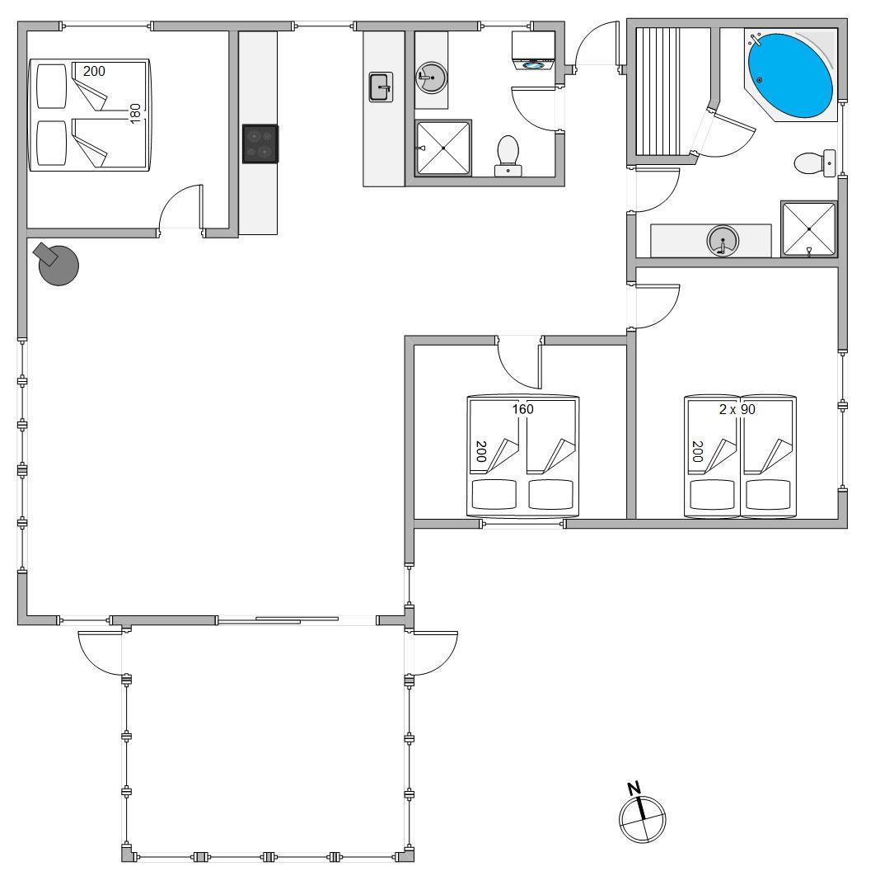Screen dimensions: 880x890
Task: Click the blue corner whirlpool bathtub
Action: point(790,76)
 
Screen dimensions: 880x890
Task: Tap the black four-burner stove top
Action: point(260,144)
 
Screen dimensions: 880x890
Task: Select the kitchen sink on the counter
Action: point(381,87)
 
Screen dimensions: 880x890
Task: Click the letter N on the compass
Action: point(634,788)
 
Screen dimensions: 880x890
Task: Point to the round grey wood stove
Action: point(57,264)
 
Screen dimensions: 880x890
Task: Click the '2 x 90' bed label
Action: point(737,409)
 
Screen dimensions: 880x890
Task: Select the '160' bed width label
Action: point(522,409)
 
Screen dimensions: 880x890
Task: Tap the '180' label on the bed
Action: point(135,114)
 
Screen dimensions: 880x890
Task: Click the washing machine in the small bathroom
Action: point(533,50)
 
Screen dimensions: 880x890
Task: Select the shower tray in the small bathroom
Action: point(443,148)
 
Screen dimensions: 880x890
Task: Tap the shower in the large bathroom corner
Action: point(809,228)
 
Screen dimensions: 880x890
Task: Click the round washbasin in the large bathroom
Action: point(723,240)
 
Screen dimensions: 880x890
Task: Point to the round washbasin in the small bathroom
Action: point(432,78)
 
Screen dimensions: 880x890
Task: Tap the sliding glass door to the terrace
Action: point(278,620)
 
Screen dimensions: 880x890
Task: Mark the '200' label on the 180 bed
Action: point(94,71)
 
